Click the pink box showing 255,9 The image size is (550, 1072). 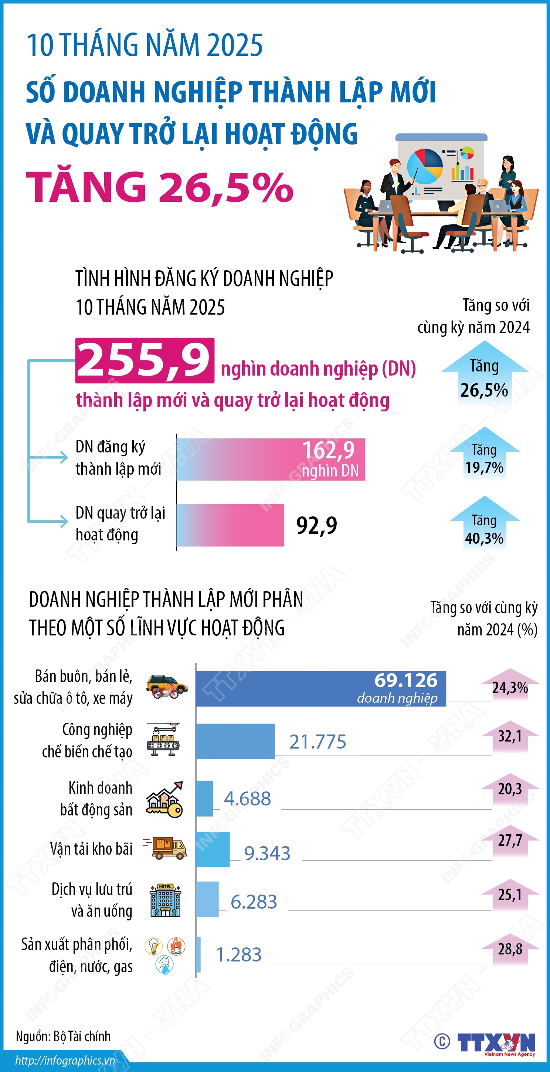[x=145, y=360]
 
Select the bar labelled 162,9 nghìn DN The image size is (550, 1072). [x=271, y=459]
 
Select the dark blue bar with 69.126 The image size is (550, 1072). [x=320, y=689]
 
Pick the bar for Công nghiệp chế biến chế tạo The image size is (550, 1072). [x=235, y=742]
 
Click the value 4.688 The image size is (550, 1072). [x=247, y=798]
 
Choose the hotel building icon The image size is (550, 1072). [x=165, y=900]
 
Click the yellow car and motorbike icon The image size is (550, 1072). [x=167, y=687]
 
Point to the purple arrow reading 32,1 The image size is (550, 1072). [x=510, y=737]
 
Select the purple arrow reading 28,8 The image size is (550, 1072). [x=510, y=949]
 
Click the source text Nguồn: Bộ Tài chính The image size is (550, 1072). [x=63, y=1036]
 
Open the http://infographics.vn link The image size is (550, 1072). [x=65, y=1060]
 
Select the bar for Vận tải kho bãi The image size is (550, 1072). [x=213, y=849]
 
